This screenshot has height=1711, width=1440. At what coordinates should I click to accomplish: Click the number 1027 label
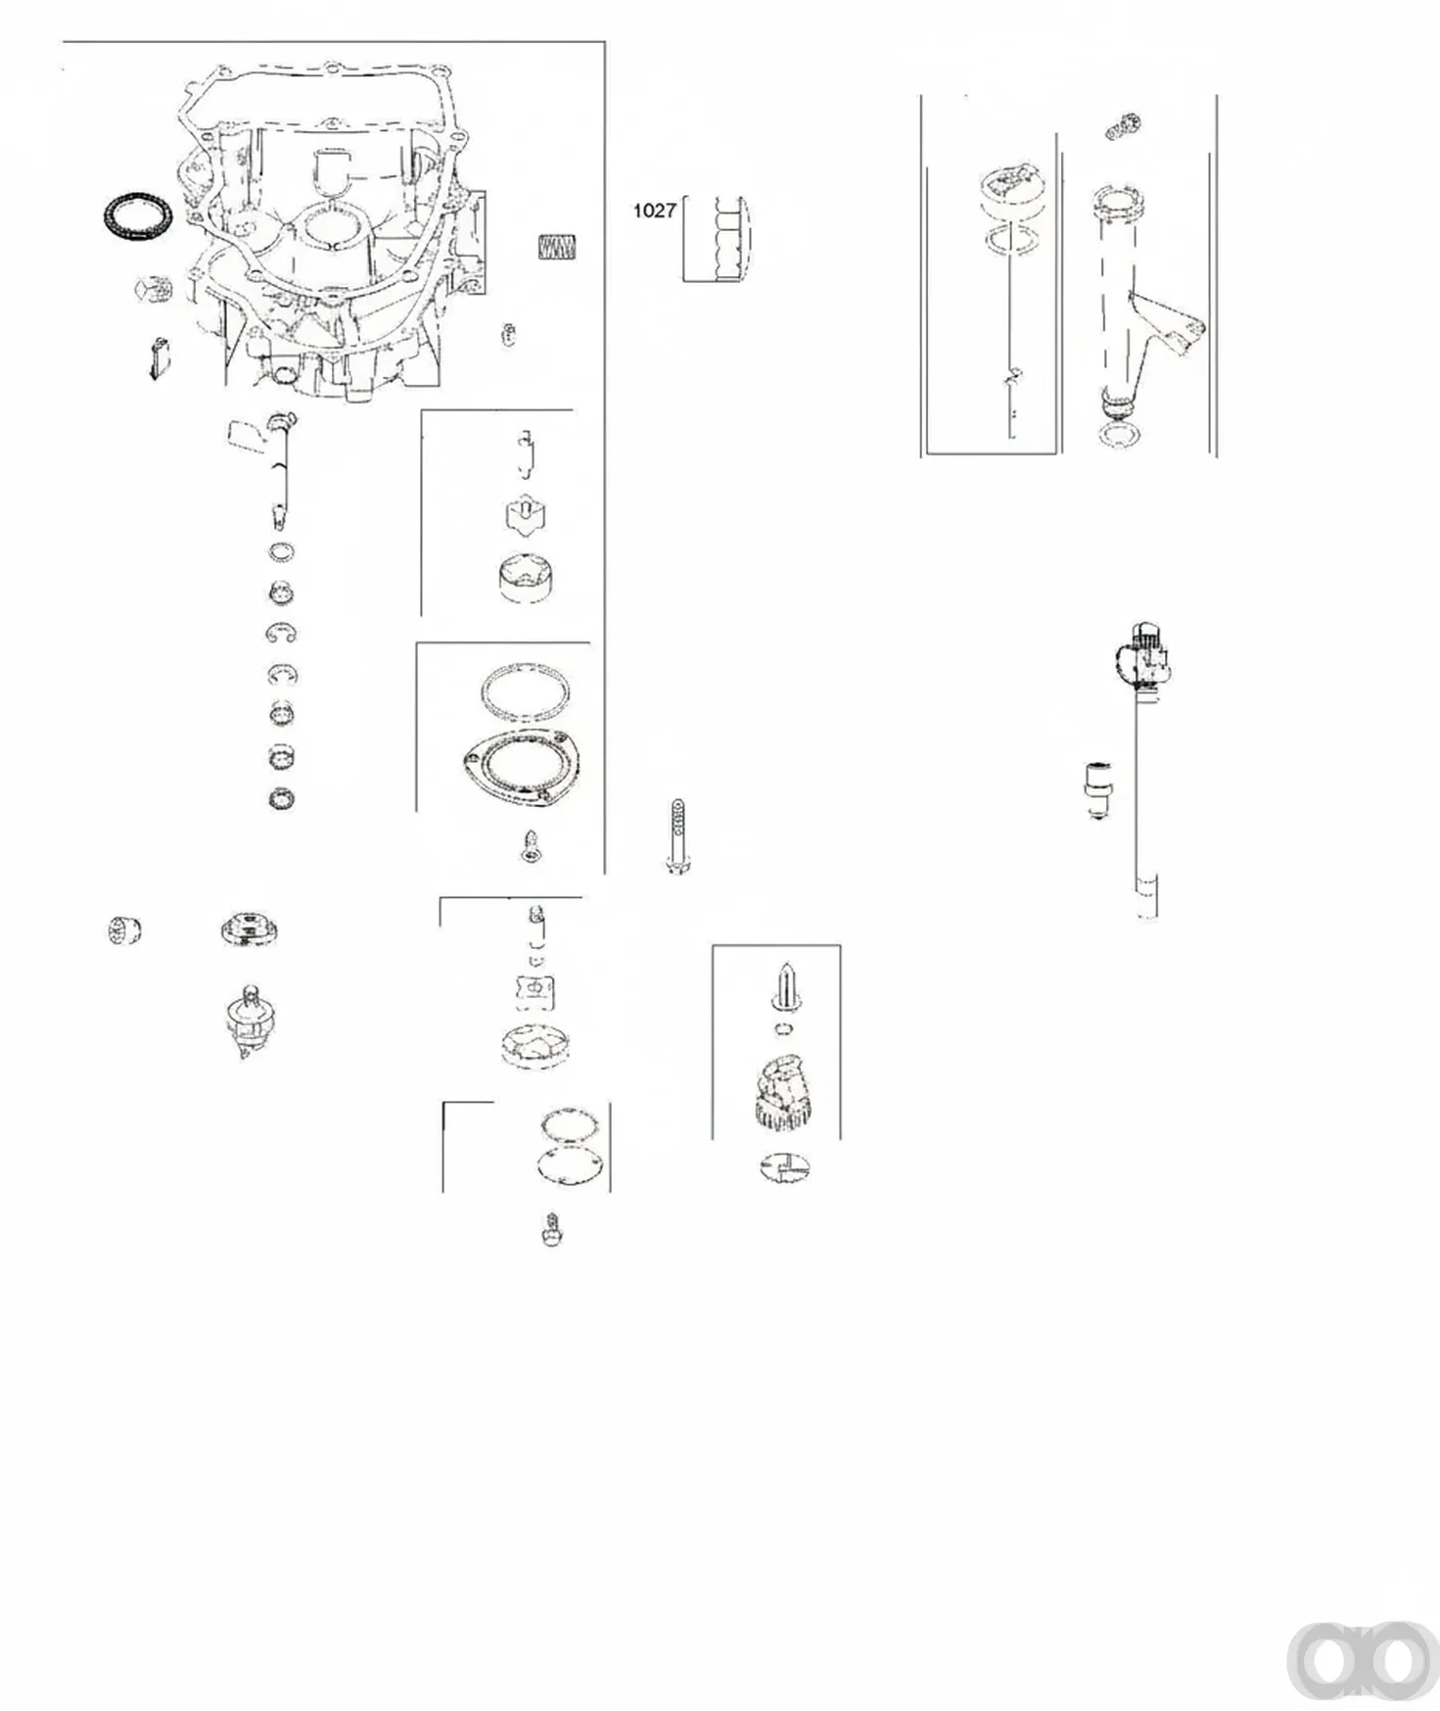click(654, 210)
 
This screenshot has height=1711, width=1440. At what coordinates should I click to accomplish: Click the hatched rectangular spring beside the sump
click(558, 247)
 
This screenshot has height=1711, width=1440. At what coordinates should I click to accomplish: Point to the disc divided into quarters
click(785, 1165)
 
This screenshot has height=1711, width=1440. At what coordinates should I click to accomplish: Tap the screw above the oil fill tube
click(1123, 126)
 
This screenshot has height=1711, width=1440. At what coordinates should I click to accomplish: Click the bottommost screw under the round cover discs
click(552, 1229)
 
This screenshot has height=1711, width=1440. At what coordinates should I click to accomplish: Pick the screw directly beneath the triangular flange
click(532, 847)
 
